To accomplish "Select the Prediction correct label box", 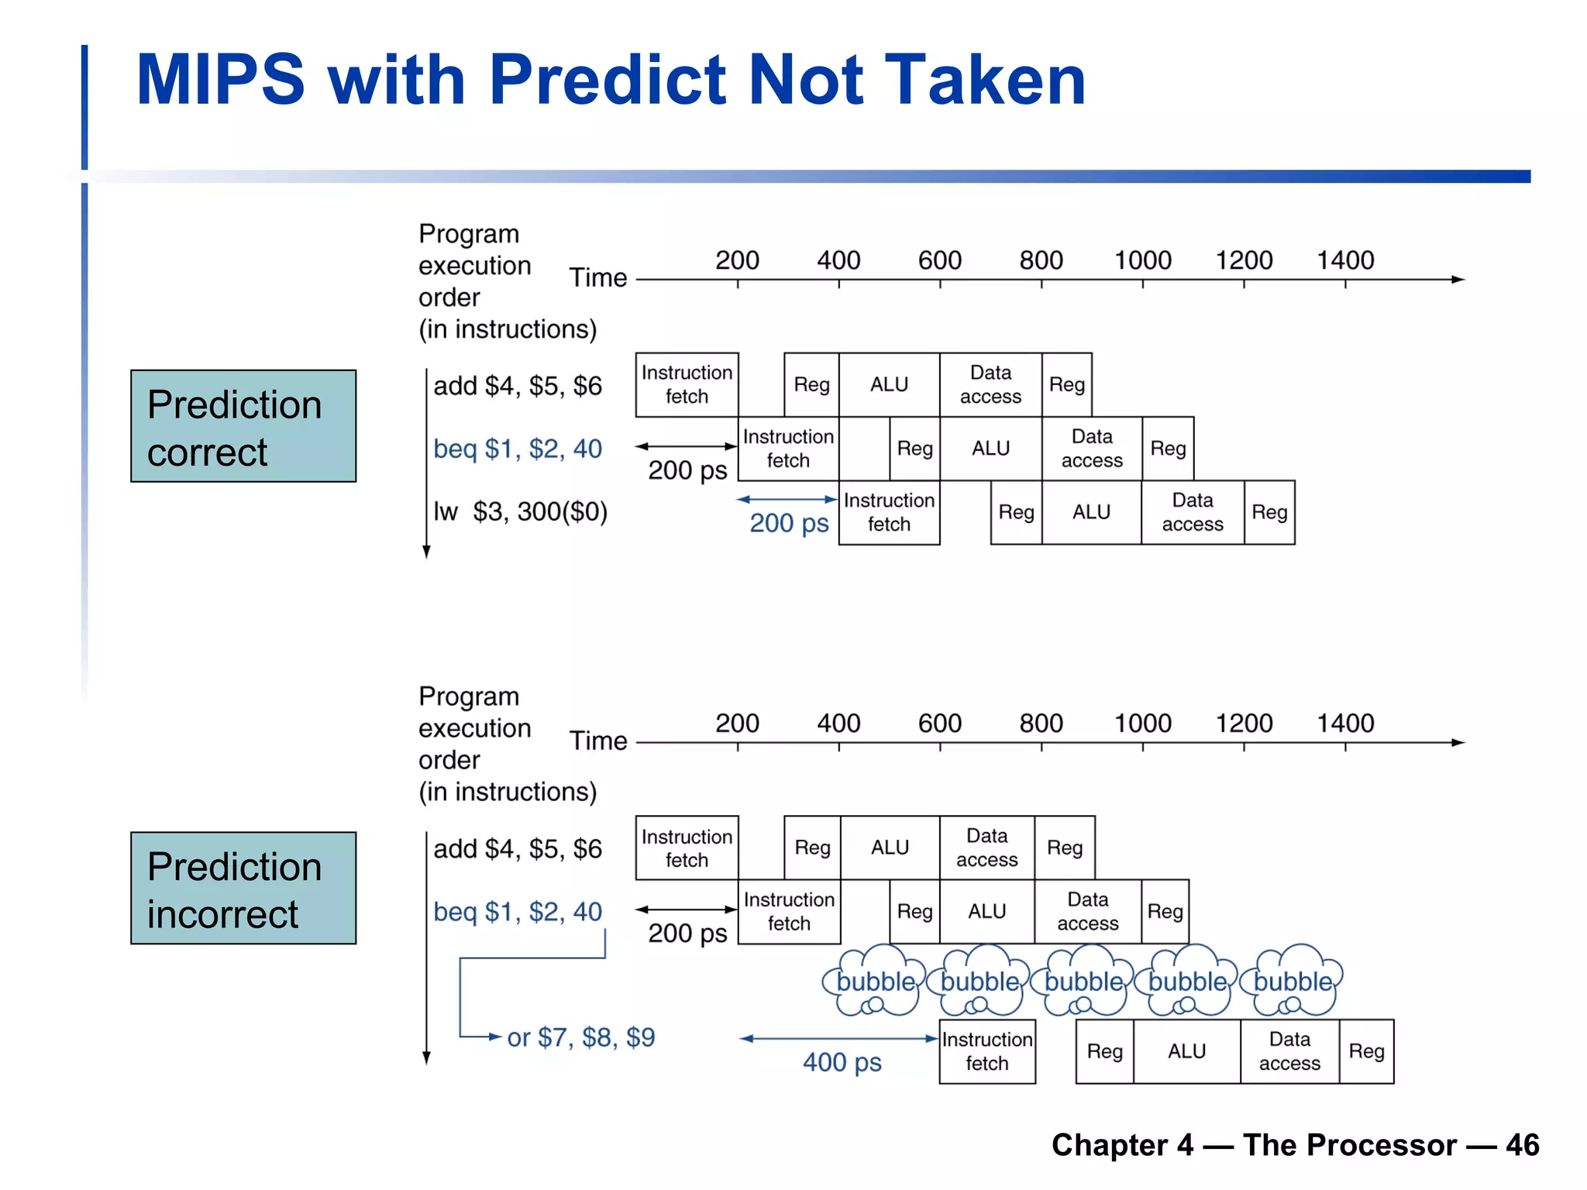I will (x=243, y=426).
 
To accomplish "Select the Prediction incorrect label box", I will (x=243, y=889).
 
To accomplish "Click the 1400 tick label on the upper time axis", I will (x=1345, y=260).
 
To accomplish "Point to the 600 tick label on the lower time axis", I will (x=940, y=724).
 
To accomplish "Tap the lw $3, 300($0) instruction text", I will (x=520, y=512).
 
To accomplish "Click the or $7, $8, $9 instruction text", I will (x=581, y=1037).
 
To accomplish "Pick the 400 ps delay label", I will (x=842, y=1062).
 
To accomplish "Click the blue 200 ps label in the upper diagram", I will (x=789, y=524).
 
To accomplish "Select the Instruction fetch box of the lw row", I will (x=889, y=512).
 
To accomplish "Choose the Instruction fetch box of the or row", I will (x=987, y=1051).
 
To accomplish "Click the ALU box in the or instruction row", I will (x=1186, y=1051).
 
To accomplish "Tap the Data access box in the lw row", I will (x=1193, y=512).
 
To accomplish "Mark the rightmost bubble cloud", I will (x=1293, y=982).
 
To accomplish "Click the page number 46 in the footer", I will (x=1522, y=1145).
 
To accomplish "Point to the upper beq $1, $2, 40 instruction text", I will (x=518, y=449).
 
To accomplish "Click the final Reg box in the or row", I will (x=1366, y=1051).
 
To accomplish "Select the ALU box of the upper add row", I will (x=889, y=385).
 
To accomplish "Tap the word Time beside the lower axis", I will (x=598, y=741).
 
